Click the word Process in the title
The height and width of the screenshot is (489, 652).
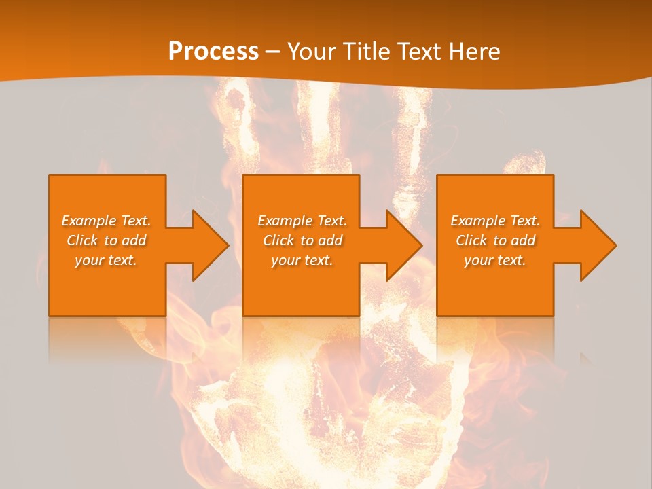point(213,52)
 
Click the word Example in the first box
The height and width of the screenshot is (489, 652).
point(89,221)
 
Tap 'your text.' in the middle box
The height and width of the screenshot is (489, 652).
point(302,260)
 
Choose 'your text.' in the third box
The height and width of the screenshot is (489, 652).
point(495,260)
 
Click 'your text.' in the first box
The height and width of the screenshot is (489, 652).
point(106,260)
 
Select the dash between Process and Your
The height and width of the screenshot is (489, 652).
point(272,52)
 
